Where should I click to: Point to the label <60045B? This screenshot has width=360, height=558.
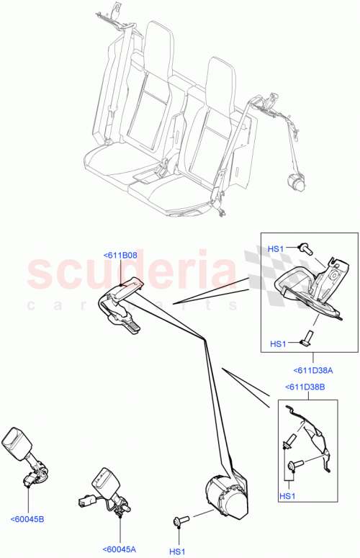[x=28, y=518]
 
